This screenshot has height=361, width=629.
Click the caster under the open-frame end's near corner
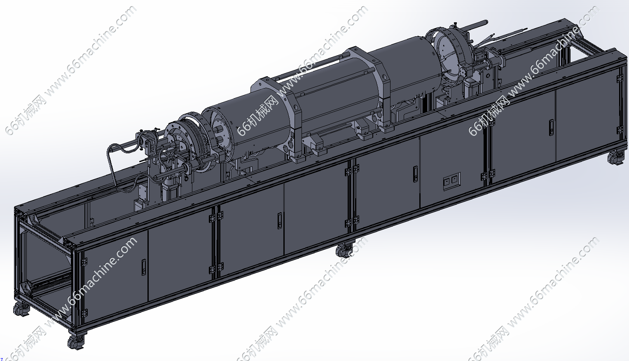(76, 341)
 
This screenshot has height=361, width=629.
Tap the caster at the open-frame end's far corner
(21, 309)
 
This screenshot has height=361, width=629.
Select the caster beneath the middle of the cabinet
(345, 250)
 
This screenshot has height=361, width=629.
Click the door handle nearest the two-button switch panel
(415, 174)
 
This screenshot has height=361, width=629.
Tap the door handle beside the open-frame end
(143, 267)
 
